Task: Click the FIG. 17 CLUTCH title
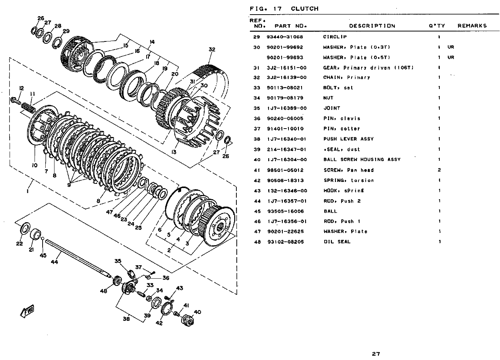tap(284, 8)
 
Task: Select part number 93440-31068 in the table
tap(285, 37)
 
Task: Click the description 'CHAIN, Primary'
tap(347, 78)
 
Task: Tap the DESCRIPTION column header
tap(372, 26)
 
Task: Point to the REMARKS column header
tap(472, 26)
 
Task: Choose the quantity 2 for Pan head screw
tap(439, 170)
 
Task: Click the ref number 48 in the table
tap(257, 242)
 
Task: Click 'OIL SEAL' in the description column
tap(337, 242)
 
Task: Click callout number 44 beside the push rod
tap(54, 262)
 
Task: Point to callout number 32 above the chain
tap(212, 49)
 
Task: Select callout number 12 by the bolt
tap(21, 88)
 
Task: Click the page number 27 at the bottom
tap(376, 353)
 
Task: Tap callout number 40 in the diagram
tap(197, 312)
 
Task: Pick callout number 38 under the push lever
tap(126, 318)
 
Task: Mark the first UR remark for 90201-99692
tap(450, 47)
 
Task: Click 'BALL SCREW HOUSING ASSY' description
tap(361, 160)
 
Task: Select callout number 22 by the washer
tap(20, 243)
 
